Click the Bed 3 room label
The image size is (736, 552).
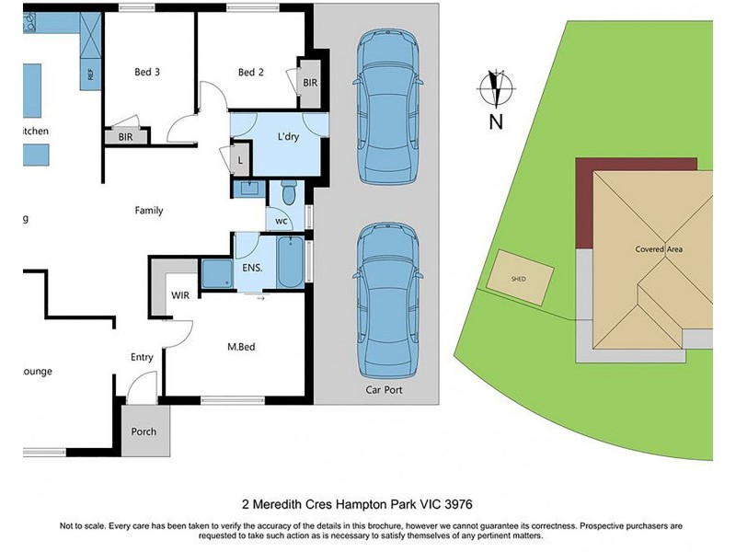coord(148,73)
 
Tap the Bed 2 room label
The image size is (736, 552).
coord(251,73)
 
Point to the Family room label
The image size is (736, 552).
coord(149,211)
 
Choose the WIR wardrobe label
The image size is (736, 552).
coord(180,296)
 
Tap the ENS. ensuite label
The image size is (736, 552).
coord(253,268)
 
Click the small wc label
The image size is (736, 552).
coord(281,221)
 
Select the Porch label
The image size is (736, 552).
coord(144,431)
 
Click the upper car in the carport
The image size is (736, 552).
coord(389,107)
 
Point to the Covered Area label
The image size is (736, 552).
coord(659,249)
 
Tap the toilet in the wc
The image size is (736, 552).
coord(287,194)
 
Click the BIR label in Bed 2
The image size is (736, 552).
coord(310,83)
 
